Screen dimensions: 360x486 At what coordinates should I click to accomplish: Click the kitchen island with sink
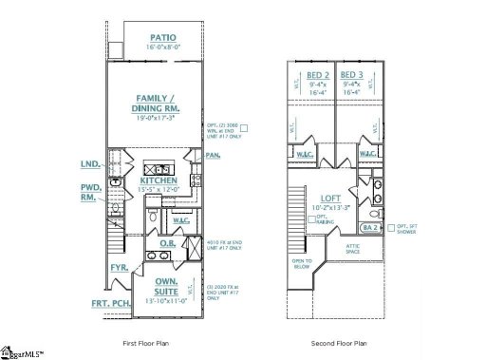click(x=156, y=168)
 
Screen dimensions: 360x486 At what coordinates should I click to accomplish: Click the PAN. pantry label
click(x=213, y=154)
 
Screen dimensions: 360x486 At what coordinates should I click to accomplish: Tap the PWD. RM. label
click(x=90, y=193)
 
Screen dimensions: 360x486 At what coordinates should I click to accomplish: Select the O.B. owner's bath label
click(x=166, y=243)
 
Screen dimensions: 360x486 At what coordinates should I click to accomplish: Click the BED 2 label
click(x=318, y=75)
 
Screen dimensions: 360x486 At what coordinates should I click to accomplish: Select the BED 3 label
click(x=351, y=75)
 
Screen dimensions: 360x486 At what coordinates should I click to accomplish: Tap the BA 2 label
click(x=371, y=228)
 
